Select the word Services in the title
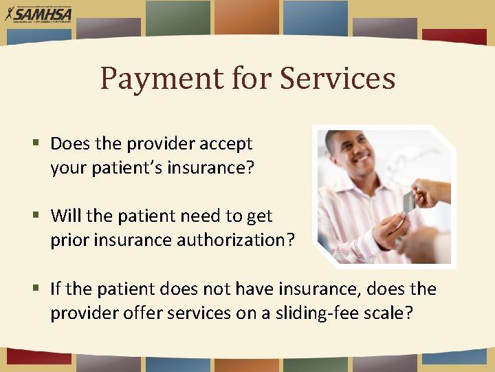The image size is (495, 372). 338,79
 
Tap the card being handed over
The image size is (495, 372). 408,202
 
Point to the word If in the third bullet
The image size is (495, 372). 56,289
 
